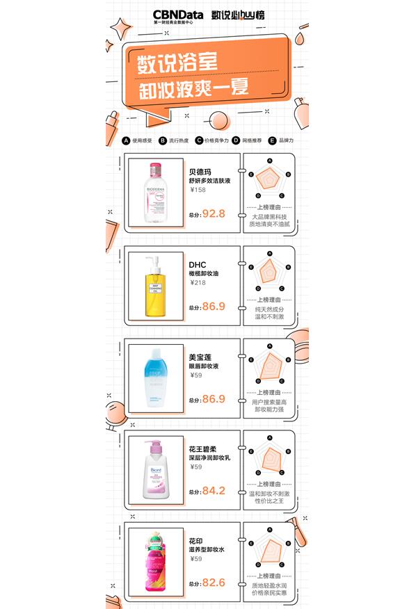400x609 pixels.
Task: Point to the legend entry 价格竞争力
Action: pyautogui.click(x=216, y=140)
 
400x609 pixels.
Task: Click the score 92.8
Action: pyautogui.click(x=214, y=213)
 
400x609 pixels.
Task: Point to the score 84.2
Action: pyautogui.click(x=214, y=490)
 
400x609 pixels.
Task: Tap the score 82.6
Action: pyautogui.click(x=214, y=583)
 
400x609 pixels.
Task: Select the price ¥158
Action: pyautogui.click(x=198, y=190)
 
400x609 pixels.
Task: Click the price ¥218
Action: pyautogui.click(x=198, y=282)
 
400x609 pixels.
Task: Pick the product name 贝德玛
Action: pyautogui.click(x=200, y=172)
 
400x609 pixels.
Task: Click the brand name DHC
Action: pyautogui.click(x=198, y=264)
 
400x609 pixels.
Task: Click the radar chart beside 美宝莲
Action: pyautogui.click(x=269, y=364)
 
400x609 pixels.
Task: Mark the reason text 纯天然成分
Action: pyautogui.click(x=269, y=309)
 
